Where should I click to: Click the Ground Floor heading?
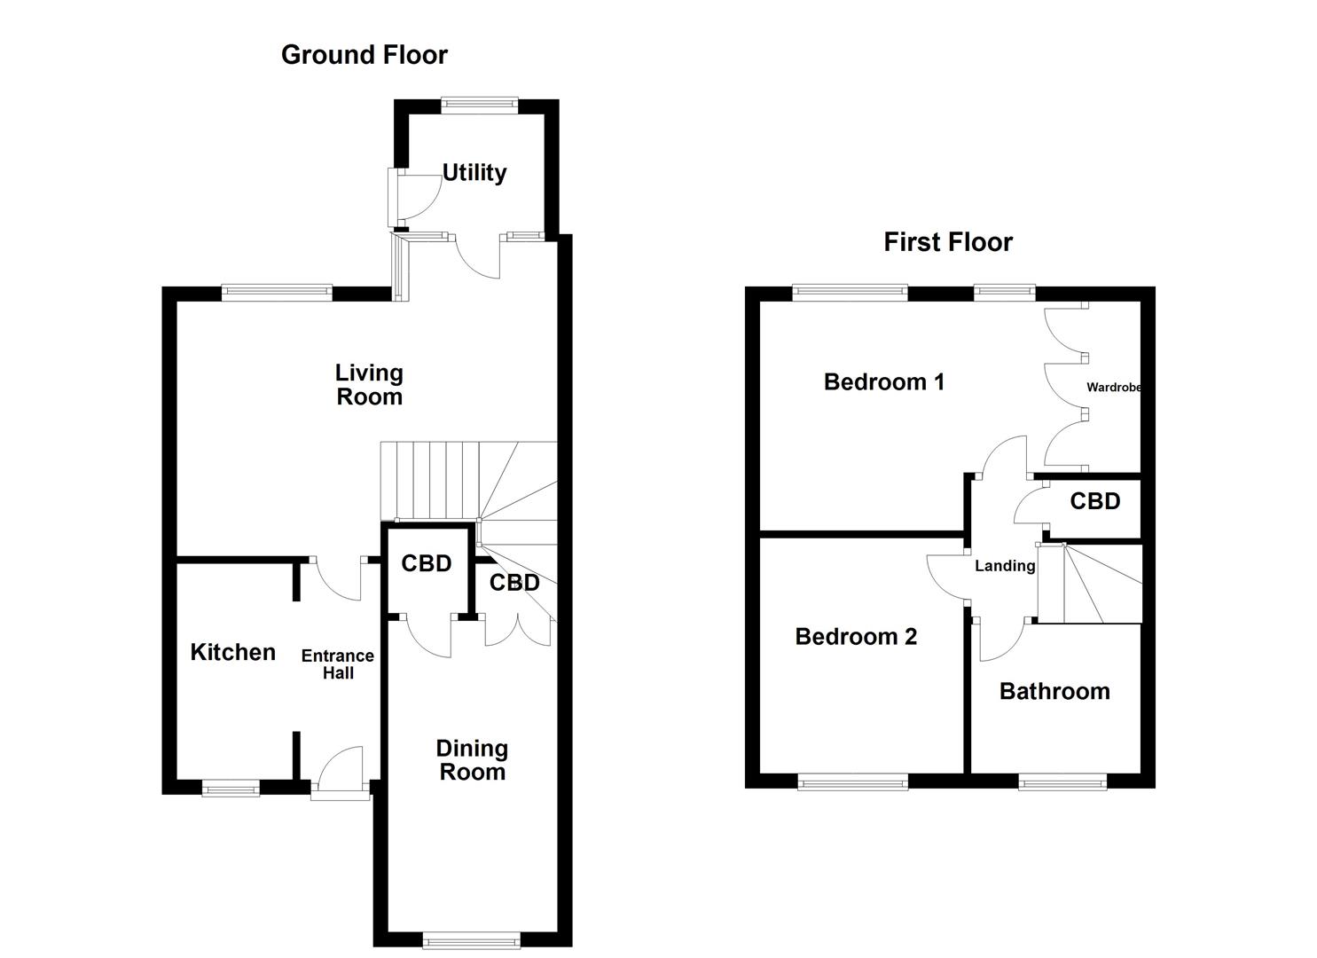[x=364, y=55]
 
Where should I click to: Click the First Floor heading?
[x=947, y=242]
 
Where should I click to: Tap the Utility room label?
[x=474, y=172]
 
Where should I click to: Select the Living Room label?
[x=369, y=385]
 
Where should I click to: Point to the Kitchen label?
[x=232, y=653]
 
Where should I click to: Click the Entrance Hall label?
[x=337, y=664]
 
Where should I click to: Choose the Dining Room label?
[x=472, y=760]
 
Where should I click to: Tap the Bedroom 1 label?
[x=883, y=382]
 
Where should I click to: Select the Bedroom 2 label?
[x=856, y=637]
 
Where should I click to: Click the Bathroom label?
[x=1054, y=692]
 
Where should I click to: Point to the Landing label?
[x=1005, y=566]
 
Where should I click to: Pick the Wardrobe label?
[x=1113, y=388]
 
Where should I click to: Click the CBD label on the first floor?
[x=1094, y=501]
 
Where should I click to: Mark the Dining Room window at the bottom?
[x=471, y=940]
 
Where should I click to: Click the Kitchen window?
[x=231, y=788]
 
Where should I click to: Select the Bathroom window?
[x=1062, y=781]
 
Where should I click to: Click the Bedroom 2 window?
[x=852, y=781]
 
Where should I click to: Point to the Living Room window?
[x=277, y=293]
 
